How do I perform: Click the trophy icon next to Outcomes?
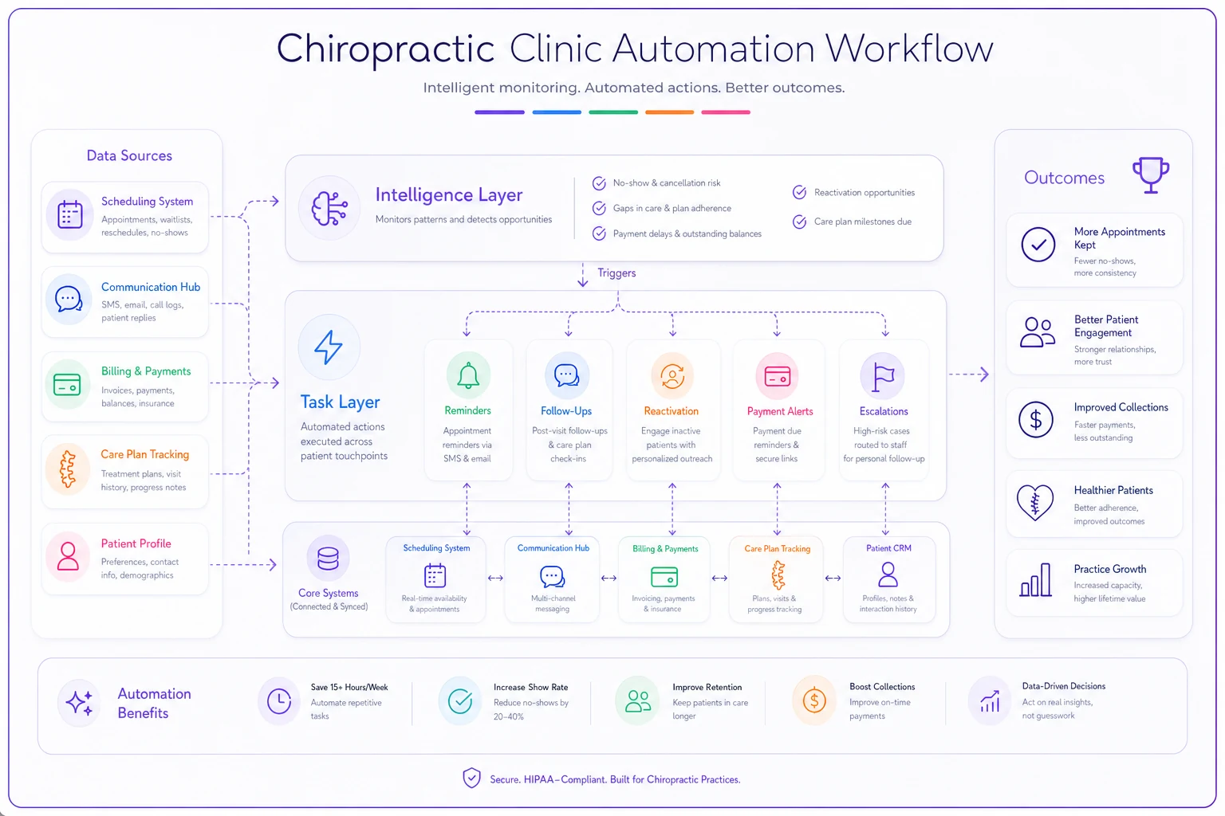[x=1151, y=175]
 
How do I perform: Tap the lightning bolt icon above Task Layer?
[x=329, y=347]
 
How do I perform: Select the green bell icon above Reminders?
[x=468, y=375]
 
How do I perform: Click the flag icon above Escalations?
[x=883, y=377]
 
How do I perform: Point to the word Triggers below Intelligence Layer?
[x=616, y=273]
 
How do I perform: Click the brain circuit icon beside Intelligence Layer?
[x=329, y=208]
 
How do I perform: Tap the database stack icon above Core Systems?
[x=328, y=559]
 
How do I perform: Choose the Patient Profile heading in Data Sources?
[x=136, y=543]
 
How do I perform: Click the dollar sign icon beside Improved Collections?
[x=1036, y=420]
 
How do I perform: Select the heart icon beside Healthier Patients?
[x=1035, y=502]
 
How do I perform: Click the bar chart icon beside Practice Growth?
[x=1035, y=580]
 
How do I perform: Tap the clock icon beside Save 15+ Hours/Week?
[x=279, y=701]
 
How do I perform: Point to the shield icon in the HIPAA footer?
[x=471, y=778]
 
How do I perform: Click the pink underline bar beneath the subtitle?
[x=726, y=112]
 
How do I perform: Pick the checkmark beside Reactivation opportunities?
[x=800, y=192]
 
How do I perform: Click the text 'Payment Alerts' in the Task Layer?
[x=780, y=411]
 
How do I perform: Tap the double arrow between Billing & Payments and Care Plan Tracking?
[x=719, y=579]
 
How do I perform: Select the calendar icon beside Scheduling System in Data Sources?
[x=70, y=214]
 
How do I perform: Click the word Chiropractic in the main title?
[x=385, y=49]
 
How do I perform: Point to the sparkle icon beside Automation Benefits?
[x=80, y=702]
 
